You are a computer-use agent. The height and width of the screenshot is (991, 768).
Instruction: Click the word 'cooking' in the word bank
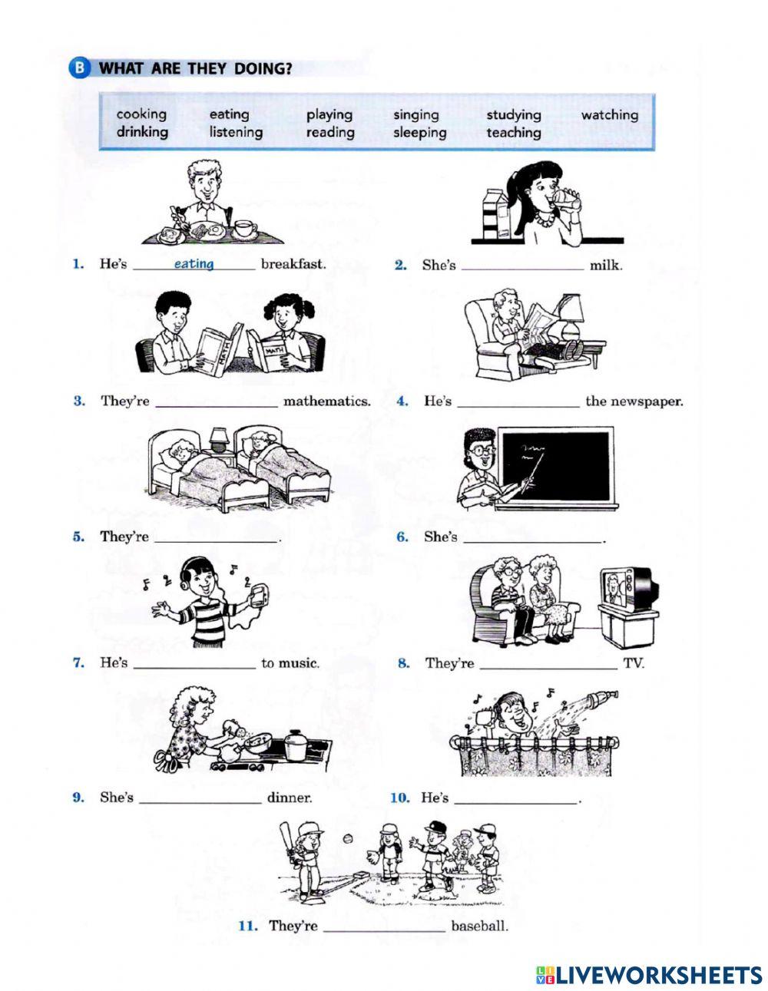tap(141, 114)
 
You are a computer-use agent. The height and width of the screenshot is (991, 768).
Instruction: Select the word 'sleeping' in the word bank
tap(419, 132)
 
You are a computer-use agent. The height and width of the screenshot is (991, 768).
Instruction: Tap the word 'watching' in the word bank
tap(609, 114)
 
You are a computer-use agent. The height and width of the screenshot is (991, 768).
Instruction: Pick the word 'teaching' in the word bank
tap(513, 132)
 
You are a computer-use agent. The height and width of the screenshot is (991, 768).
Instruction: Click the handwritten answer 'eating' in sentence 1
tap(194, 264)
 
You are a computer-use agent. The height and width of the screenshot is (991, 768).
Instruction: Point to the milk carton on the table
tap(496, 216)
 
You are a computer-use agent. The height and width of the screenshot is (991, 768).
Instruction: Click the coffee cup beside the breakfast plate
tap(245, 228)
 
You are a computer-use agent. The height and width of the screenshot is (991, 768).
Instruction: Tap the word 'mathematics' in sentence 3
tap(326, 401)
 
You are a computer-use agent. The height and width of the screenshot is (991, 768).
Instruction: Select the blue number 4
tap(402, 401)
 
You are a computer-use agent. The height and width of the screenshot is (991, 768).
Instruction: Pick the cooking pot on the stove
tap(295, 744)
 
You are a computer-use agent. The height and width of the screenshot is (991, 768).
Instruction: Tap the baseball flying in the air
tap(349, 839)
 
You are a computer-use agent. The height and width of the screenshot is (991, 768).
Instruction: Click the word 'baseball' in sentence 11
tap(479, 926)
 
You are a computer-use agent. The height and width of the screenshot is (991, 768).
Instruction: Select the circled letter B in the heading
tap(80, 69)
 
